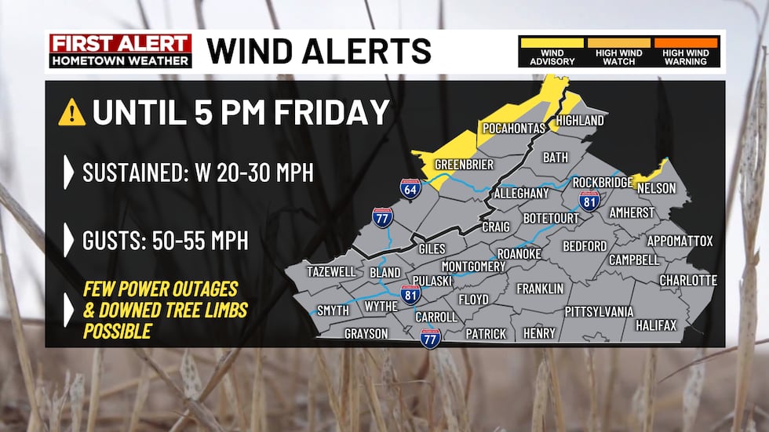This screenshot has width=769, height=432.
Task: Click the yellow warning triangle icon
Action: [71, 114]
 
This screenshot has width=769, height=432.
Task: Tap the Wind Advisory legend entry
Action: [552, 52]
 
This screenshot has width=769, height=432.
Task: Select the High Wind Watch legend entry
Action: [619, 52]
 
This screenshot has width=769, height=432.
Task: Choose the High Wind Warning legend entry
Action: [685, 52]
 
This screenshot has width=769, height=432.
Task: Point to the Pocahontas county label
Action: [514, 128]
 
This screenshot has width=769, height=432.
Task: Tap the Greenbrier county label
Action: [464, 165]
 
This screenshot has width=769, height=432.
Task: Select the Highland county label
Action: [580, 121]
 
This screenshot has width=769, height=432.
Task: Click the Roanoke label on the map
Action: [519, 254]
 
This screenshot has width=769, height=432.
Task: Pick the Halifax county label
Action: [656, 325]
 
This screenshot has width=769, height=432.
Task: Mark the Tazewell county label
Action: [330, 271]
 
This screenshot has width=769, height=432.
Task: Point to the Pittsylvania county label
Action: [599, 311]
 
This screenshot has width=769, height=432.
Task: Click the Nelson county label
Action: [656, 189]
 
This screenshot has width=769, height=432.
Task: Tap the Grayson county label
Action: [366, 334]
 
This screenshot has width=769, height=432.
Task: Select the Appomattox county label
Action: [680, 241]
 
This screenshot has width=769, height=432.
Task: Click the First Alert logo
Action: [120, 51]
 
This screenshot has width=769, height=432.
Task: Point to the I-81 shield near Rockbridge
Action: [589, 200]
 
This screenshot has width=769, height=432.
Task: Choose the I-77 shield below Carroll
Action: [430, 338]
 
